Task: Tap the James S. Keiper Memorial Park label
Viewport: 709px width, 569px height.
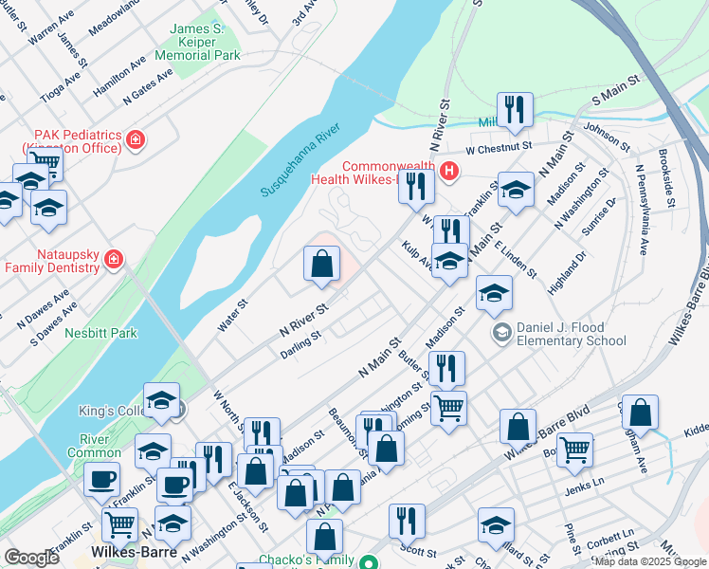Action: [x=205, y=43]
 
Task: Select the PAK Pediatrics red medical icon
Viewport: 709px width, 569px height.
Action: [x=136, y=140]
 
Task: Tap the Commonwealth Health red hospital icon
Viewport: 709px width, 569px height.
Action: [x=449, y=171]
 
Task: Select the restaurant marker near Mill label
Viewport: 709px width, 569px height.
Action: [x=515, y=110]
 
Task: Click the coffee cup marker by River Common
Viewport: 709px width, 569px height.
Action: [x=102, y=479]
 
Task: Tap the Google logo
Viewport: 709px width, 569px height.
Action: [x=31, y=558]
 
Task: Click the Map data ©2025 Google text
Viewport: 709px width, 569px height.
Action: [x=650, y=561]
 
